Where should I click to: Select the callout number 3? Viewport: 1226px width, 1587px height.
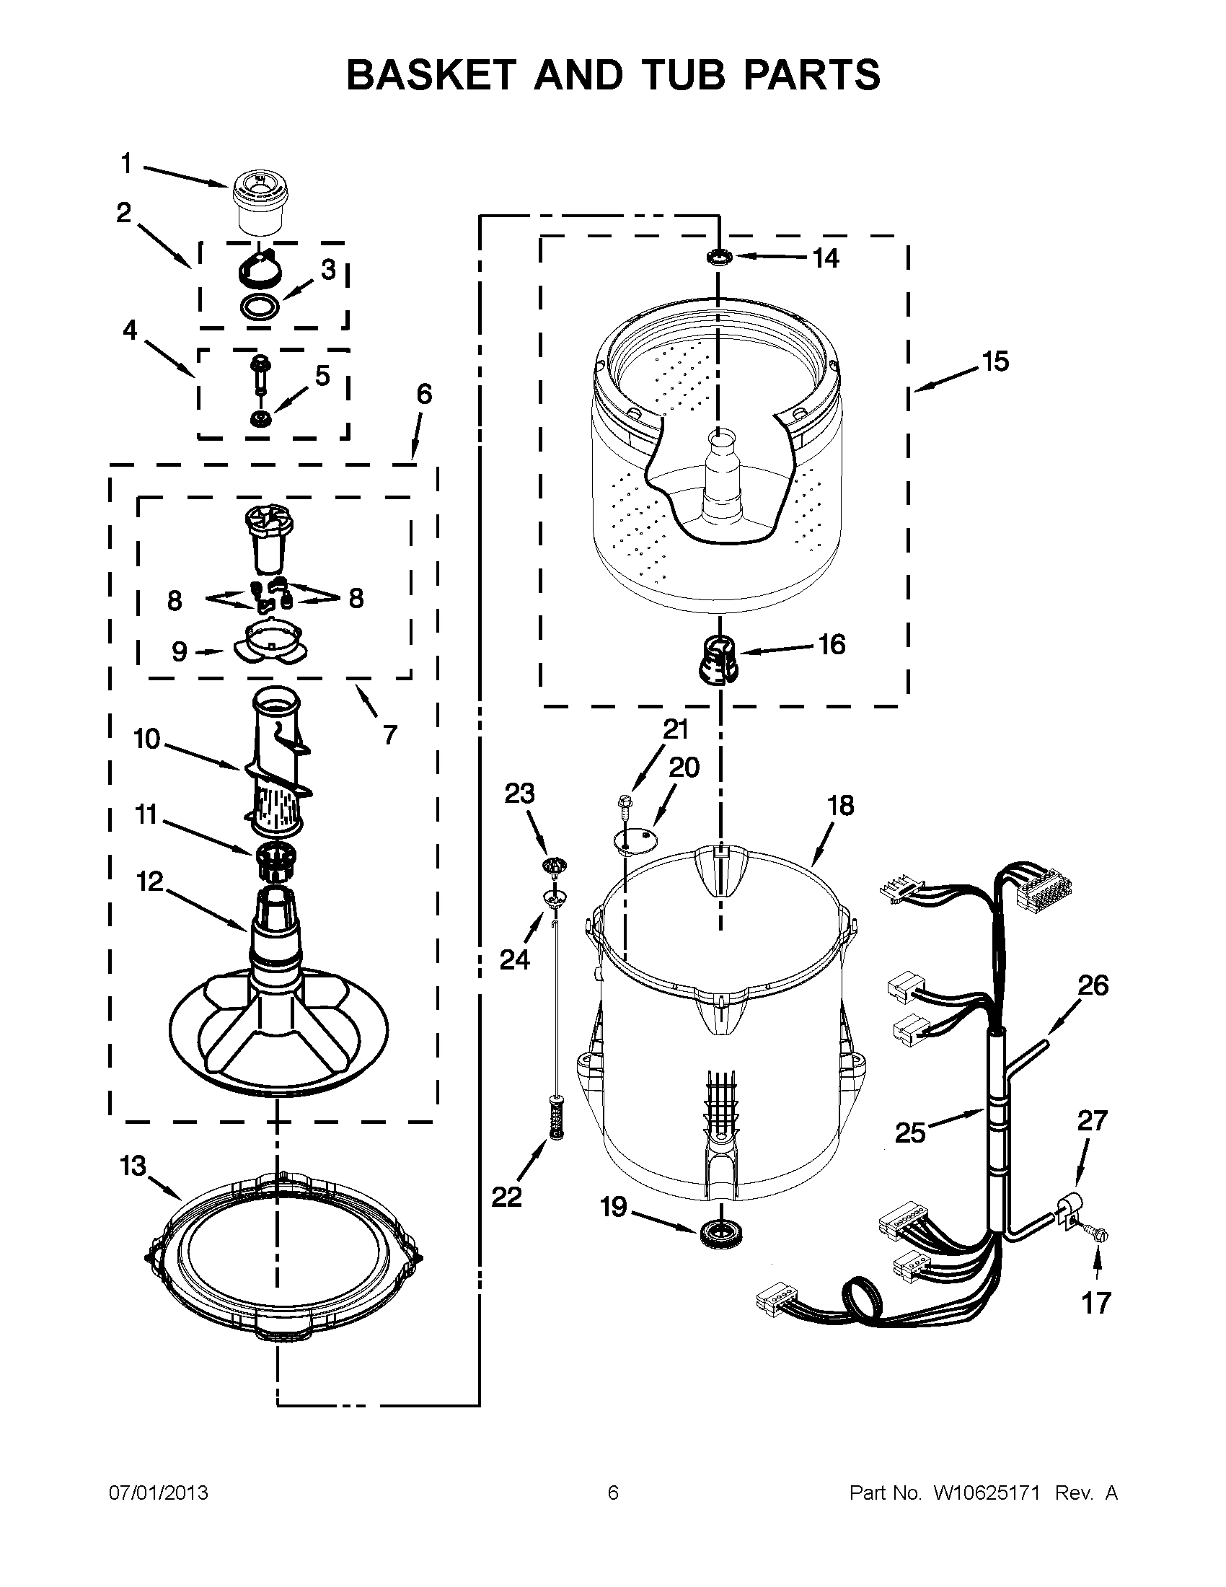click(x=328, y=270)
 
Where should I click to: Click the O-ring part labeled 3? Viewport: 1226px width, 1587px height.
click(x=260, y=306)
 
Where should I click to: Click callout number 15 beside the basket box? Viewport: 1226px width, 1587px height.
click(x=996, y=361)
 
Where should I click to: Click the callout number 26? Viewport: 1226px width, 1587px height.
click(x=1093, y=985)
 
